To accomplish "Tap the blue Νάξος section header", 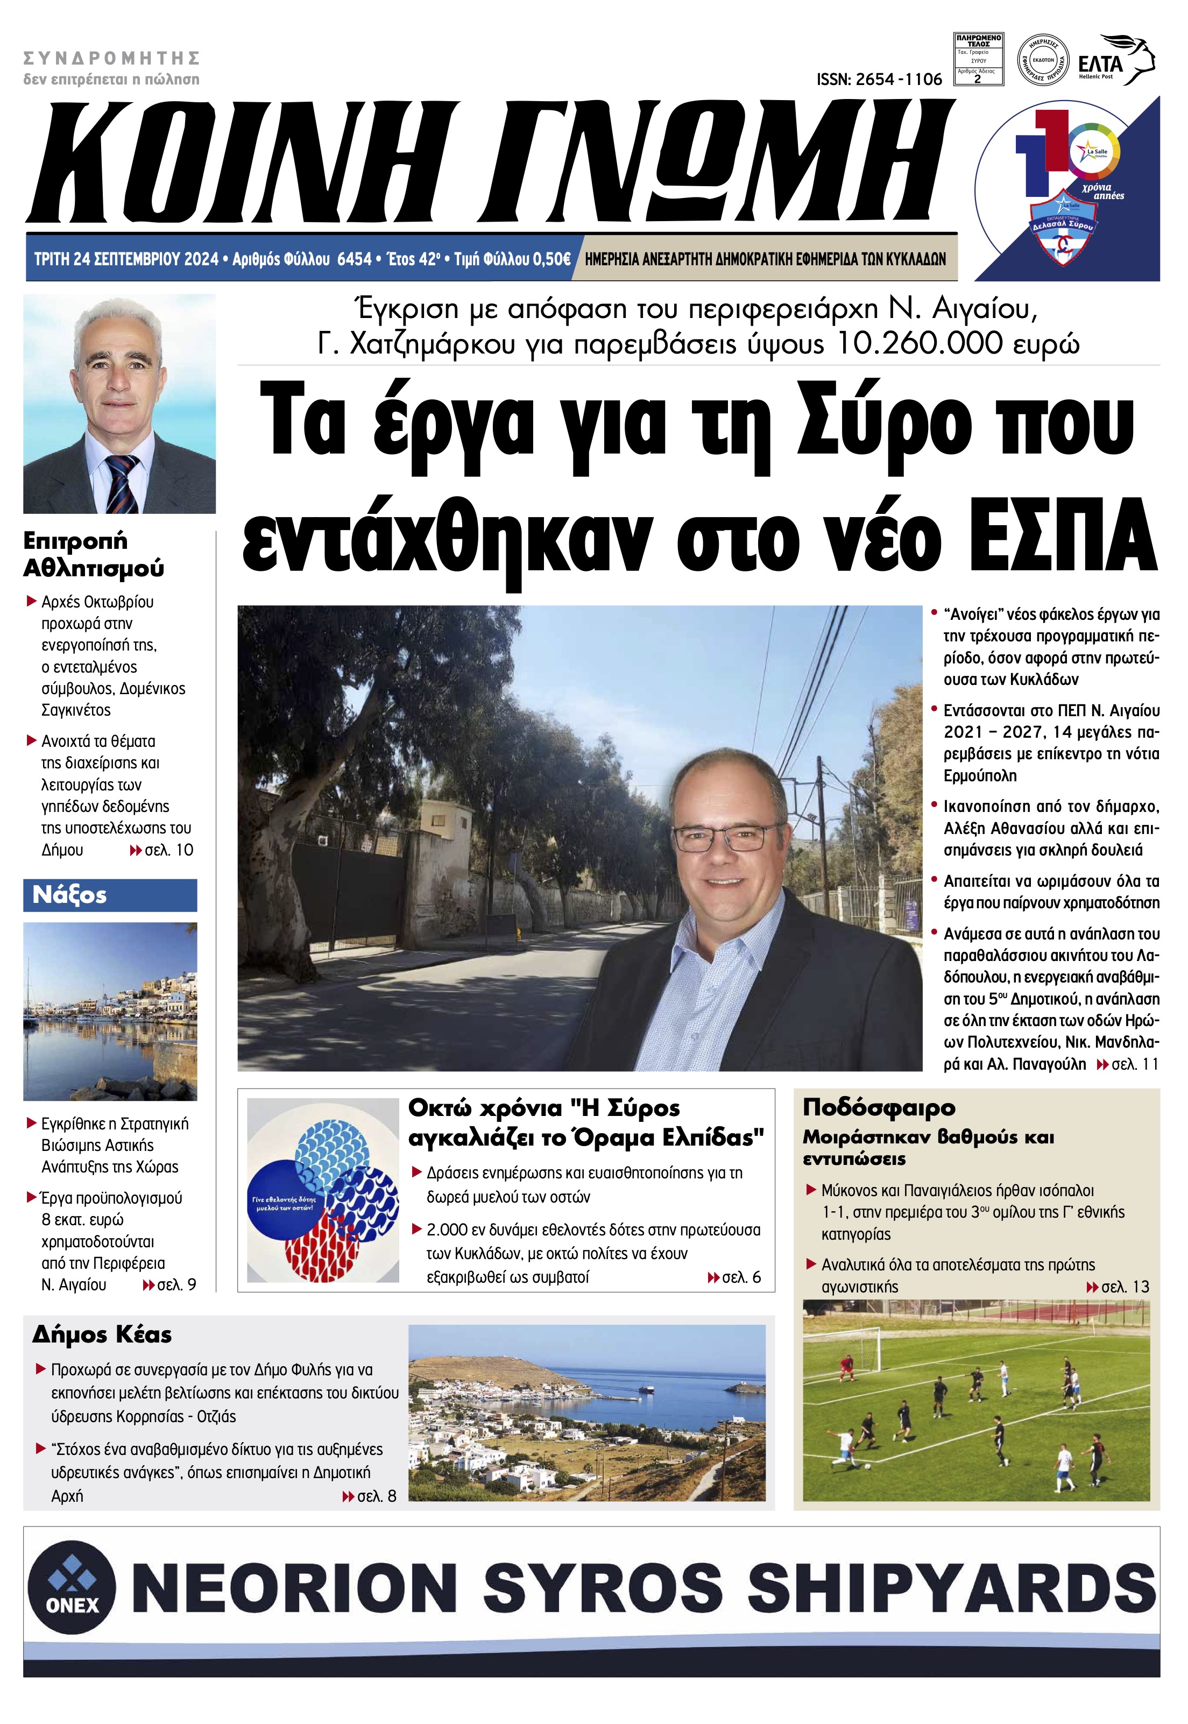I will tap(110, 895).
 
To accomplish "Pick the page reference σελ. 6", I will tap(741, 1277).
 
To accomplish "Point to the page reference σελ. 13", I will tap(1125, 1287).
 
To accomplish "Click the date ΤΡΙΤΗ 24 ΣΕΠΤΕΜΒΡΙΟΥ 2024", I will tap(126, 259).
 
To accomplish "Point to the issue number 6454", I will tap(355, 259).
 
